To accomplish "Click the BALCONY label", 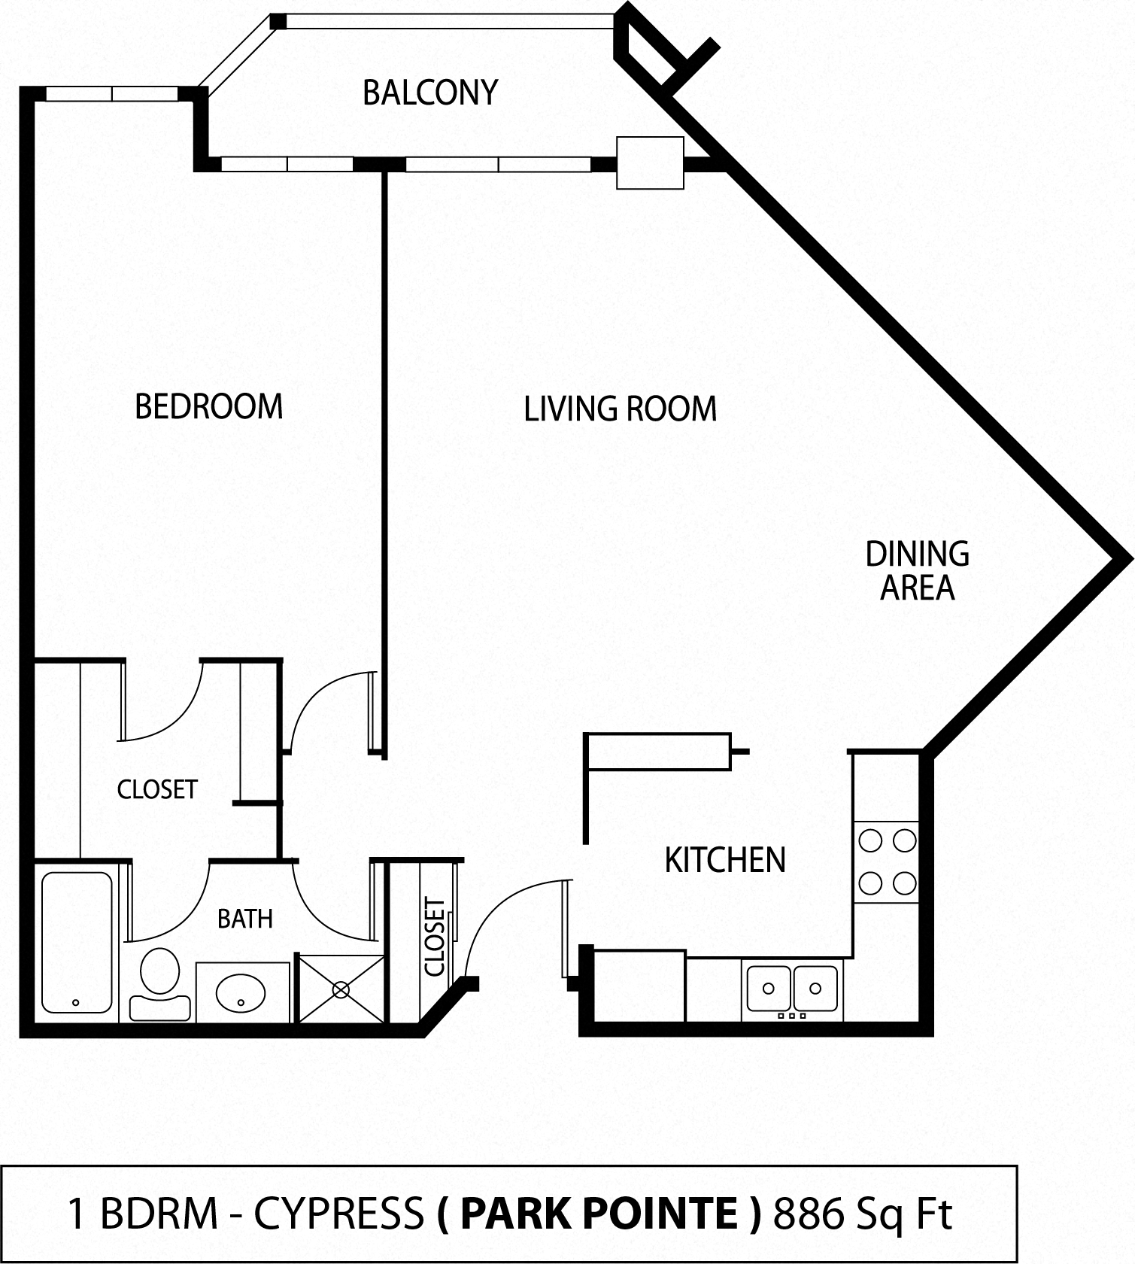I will (x=430, y=93).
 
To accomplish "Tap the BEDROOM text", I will (x=209, y=406).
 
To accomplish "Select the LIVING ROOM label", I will (x=620, y=409).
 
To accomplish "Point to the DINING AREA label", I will (x=917, y=570).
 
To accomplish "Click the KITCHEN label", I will (x=725, y=860).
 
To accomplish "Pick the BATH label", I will (x=244, y=919).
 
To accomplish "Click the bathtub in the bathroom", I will (x=77, y=942).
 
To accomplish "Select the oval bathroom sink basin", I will (x=241, y=993).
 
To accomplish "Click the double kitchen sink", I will (x=791, y=989).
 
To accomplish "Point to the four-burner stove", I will (x=887, y=861).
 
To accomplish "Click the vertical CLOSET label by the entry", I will (x=435, y=937).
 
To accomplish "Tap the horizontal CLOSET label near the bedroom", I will (x=157, y=789).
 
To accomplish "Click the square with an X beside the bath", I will (x=341, y=989).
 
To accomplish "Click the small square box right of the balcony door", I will (x=650, y=163).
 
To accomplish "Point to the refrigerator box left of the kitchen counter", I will (x=639, y=986).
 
